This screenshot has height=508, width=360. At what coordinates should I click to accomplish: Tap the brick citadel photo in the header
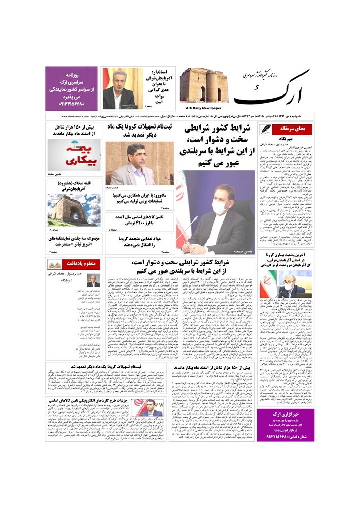[x=200, y=85]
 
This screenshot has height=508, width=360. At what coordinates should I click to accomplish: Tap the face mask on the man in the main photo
[x=221, y=207]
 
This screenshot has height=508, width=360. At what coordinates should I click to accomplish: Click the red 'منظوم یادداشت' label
[x=82, y=264]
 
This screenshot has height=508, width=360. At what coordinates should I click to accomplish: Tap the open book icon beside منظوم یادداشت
[x=55, y=264]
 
